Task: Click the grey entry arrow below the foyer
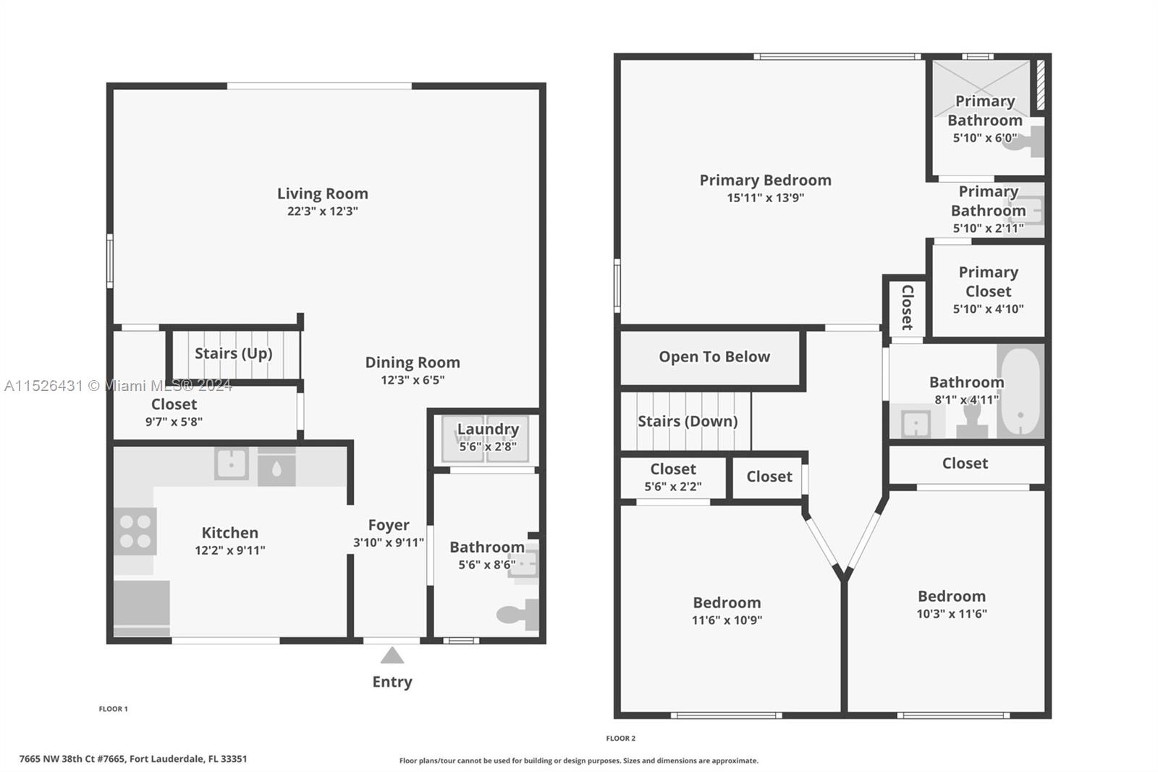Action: click(x=392, y=655)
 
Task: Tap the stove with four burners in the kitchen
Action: click(x=135, y=532)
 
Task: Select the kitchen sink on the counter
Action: click(x=231, y=463)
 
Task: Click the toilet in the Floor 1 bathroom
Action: click(x=517, y=614)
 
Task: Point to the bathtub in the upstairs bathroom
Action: click(x=1020, y=391)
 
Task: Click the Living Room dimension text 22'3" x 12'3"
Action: click(x=323, y=211)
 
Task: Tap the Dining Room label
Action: click(x=413, y=362)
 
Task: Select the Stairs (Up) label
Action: click(x=234, y=353)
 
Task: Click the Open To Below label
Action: click(x=714, y=357)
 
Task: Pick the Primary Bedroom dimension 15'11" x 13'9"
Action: click(x=766, y=198)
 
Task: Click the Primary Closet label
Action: click(x=989, y=282)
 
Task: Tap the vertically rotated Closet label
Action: click(x=908, y=307)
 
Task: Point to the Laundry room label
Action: click(x=488, y=429)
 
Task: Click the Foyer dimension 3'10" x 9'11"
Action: click(x=389, y=542)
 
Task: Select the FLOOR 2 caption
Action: click(x=621, y=739)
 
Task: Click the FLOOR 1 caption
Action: click(x=113, y=709)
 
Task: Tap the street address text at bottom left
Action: click(x=133, y=758)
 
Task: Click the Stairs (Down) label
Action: click(x=688, y=421)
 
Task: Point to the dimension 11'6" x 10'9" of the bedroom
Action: click(x=727, y=620)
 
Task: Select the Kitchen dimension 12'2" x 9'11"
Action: click(x=230, y=550)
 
